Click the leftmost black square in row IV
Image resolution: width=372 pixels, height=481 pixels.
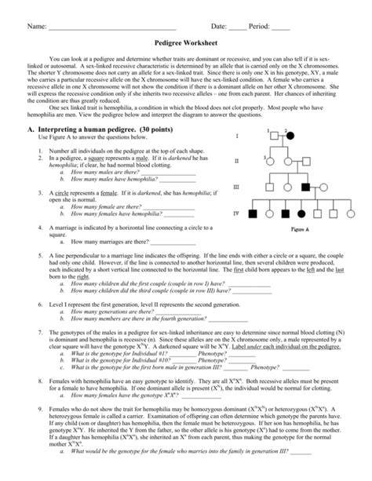[x=253, y=213]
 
